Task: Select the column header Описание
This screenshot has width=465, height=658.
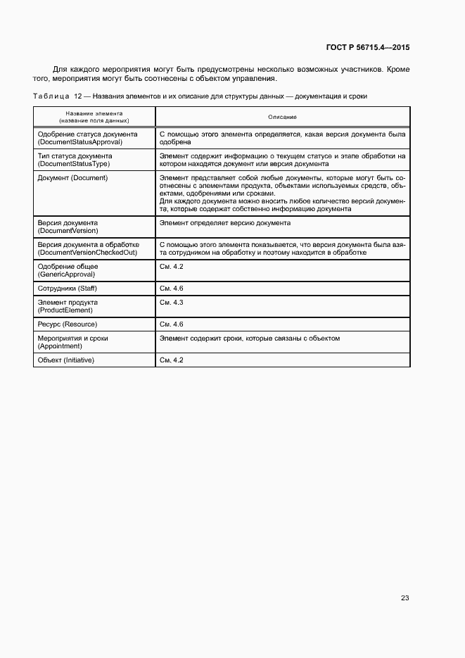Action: (282, 116)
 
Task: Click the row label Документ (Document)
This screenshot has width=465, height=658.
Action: (72, 178)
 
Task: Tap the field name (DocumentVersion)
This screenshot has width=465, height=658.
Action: (68, 230)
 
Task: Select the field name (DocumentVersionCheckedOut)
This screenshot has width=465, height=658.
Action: (87, 252)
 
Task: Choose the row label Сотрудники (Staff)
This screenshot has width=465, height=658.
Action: (67, 289)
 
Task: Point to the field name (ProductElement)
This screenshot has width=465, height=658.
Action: (65, 310)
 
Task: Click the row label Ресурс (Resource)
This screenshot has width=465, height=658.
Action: (68, 324)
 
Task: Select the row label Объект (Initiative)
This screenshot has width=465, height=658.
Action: (66, 360)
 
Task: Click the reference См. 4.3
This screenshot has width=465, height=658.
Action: (172, 303)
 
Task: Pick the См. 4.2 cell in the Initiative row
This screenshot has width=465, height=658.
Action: (172, 360)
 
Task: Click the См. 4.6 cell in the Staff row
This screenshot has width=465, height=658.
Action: (172, 289)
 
